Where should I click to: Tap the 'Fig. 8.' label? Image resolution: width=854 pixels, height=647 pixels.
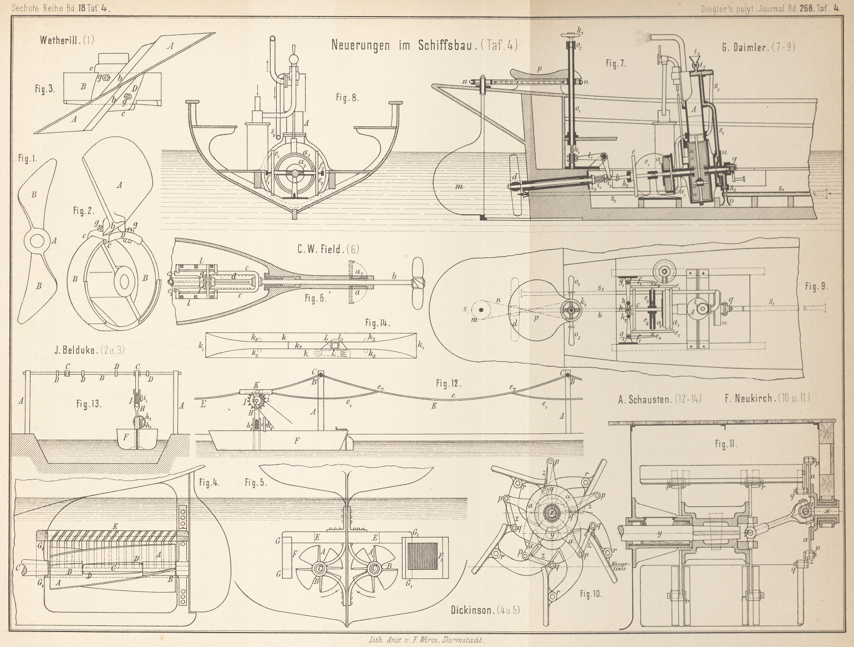point(348,98)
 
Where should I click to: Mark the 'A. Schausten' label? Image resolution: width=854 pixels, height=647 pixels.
point(645,398)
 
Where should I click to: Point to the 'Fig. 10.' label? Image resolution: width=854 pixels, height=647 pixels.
point(591,594)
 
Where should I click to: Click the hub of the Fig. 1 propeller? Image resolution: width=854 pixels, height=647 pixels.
point(38,241)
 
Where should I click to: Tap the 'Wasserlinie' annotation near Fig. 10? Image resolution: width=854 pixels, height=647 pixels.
point(618,567)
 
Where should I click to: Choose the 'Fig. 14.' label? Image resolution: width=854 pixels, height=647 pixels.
point(378,323)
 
